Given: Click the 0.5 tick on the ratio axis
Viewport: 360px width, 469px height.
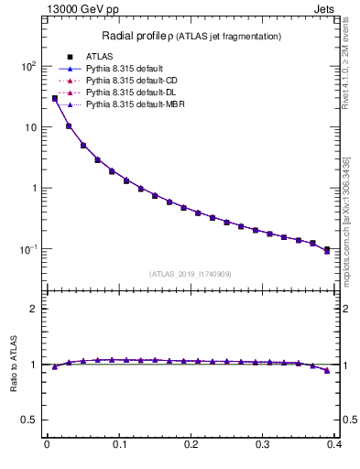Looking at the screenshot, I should [27, 420].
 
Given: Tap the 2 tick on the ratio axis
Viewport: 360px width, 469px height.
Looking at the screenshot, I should [32, 309].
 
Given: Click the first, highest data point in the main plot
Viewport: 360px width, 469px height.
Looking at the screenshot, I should [54, 99].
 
